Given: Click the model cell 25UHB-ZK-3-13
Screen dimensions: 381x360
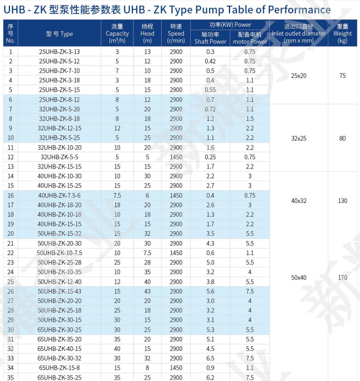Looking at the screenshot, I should (x=59, y=52).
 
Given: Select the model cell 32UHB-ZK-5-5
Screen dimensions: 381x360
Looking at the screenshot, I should (x=59, y=157).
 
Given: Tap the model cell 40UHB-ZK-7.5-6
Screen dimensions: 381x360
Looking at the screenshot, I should (x=59, y=195).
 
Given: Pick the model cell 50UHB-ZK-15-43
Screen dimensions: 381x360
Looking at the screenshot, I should (x=59, y=291).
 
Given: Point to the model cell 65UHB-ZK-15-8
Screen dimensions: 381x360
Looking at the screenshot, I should (x=59, y=368).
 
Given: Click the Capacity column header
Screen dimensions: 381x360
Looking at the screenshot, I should (x=117, y=34).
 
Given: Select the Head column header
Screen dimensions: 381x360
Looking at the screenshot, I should (x=147, y=34).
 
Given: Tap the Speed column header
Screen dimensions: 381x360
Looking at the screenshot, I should (x=176, y=34).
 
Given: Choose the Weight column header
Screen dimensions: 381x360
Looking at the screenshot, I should (x=342, y=34).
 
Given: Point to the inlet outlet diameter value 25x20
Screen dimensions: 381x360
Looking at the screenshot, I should (x=298, y=76).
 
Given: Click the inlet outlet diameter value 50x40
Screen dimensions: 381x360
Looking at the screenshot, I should (x=298, y=277).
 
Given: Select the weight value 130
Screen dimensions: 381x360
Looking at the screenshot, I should (x=342, y=201).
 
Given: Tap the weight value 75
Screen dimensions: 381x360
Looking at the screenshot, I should (x=342, y=76).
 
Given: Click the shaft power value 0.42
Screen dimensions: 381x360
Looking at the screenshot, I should (x=210, y=61).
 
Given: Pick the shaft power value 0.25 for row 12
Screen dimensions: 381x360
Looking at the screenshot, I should (x=210, y=157).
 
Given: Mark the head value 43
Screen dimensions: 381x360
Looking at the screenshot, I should (x=147, y=291).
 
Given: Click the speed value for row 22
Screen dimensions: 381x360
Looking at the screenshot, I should (x=176, y=253).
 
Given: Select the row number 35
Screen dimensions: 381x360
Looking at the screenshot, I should (x=10, y=377).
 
